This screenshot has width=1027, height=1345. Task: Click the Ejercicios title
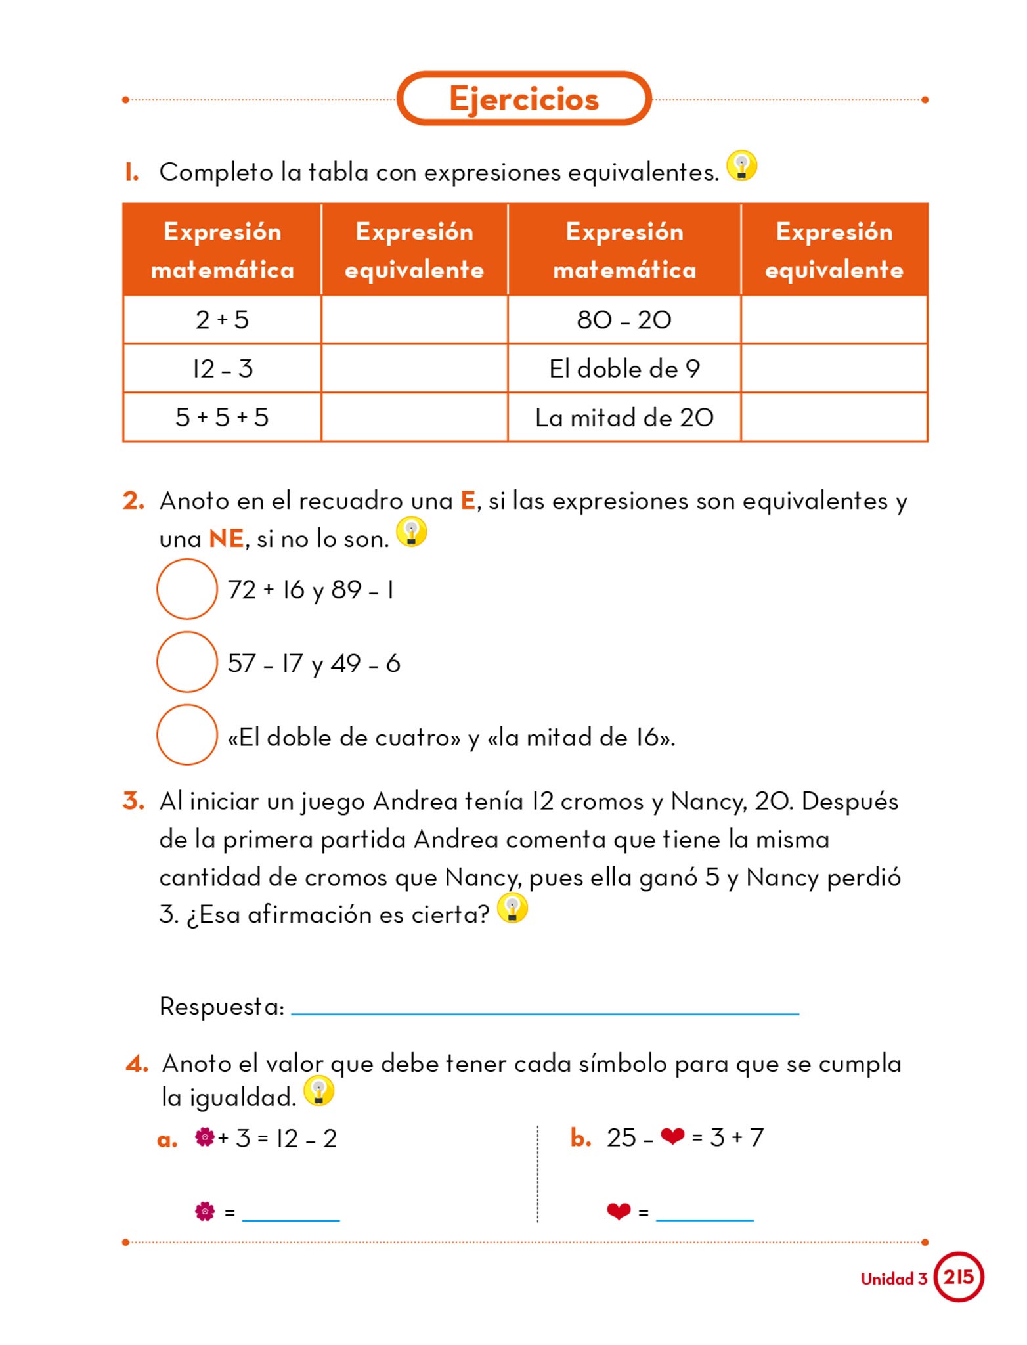pyautogui.click(x=524, y=99)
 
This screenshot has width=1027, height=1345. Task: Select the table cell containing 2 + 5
pyautogui.click(x=222, y=320)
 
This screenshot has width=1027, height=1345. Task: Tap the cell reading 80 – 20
pyautogui.click(x=624, y=320)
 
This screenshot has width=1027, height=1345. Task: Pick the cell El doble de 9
pyautogui.click(x=624, y=368)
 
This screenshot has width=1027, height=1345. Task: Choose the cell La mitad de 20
pyautogui.click(x=624, y=418)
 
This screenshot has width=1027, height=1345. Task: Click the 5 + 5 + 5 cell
pyautogui.click(x=222, y=418)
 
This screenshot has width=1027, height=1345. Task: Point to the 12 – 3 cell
pyautogui.click(x=222, y=368)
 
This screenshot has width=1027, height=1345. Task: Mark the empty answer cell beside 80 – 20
pyautogui.click(x=834, y=320)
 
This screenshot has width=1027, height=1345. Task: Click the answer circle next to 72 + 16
pyautogui.click(x=187, y=589)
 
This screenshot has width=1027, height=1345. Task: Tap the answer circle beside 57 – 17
pyautogui.click(x=187, y=662)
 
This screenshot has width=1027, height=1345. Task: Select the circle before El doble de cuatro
pyautogui.click(x=187, y=735)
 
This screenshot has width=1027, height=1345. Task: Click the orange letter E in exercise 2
pyautogui.click(x=468, y=501)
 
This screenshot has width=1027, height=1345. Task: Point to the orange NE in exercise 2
pyautogui.click(x=226, y=539)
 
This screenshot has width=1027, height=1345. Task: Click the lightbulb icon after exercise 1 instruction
pyautogui.click(x=742, y=165)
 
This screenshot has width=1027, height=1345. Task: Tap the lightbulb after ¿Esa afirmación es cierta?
pyautogui.click(x=512, y=908)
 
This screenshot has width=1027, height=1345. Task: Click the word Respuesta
pyautogui.click(x=221, y=1006)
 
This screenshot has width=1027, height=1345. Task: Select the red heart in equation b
pyautogui.click(x=672, y=1136)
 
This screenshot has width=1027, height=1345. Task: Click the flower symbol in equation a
pyautogui.click(x=205, y=1137)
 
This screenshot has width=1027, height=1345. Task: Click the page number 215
pyautogui.click(x=958, y=1277)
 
